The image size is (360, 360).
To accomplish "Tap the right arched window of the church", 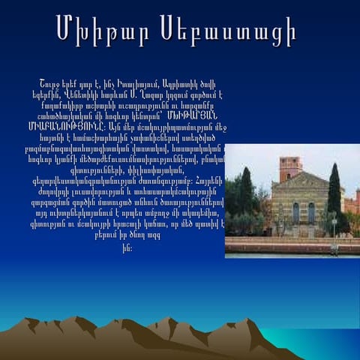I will pyautogui.click(x=310, y=212).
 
